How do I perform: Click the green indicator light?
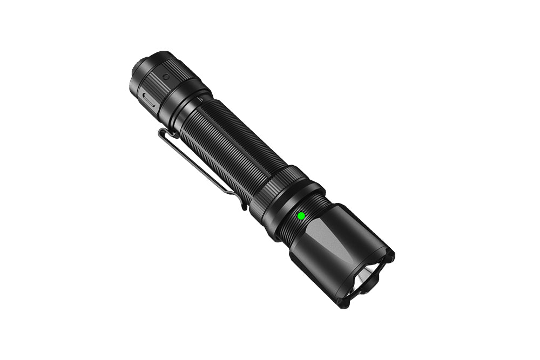click(301, 216)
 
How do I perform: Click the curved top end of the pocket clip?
click(164, 133)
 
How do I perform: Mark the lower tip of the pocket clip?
click(244, 205)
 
